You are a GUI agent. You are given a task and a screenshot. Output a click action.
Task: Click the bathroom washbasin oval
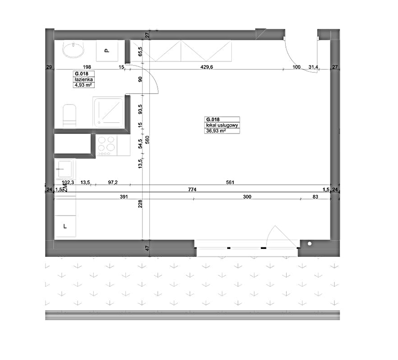coord(73,50)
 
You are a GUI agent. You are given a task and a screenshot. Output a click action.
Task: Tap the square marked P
coord(107,51)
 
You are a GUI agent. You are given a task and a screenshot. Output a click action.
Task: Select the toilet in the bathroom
coord(69,115)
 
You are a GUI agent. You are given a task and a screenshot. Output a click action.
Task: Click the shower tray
coord(109,112)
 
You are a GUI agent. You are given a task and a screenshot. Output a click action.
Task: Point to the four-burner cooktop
coord(106,145)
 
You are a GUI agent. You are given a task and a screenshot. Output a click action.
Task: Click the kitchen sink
coord(65,169)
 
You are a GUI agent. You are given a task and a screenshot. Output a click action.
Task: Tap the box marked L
coord(65,226)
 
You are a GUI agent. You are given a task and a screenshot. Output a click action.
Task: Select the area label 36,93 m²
coord(216,131)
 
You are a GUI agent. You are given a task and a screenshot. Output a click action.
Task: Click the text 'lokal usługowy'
coord(222,125)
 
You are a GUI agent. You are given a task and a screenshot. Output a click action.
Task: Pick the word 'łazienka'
coord(83,80)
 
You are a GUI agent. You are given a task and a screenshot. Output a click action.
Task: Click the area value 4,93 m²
coord(83,85)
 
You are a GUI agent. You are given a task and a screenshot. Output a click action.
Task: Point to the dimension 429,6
coord(206,67)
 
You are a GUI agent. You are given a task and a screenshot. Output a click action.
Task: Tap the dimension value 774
coord(192,189)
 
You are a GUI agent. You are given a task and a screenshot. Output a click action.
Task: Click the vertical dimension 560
coord(147,140)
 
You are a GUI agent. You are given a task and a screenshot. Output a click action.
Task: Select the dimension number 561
coord(230,182)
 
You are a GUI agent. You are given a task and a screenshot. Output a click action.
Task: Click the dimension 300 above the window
coord(247,197)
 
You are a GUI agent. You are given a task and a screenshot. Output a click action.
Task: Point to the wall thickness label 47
coord(147,248)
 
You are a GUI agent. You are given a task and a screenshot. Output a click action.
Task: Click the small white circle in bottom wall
coord(310,244)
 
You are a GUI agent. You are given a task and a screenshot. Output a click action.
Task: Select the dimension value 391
coord(124,197)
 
